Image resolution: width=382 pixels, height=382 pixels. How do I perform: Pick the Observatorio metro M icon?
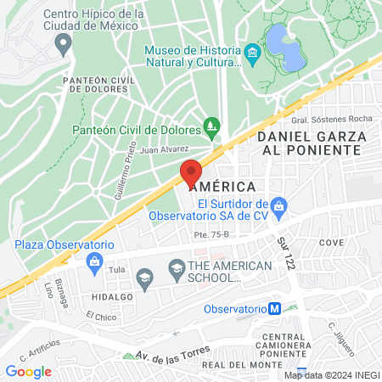[x=274, y=310]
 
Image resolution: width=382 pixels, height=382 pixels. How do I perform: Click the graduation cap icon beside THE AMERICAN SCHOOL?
[x=177, y=272]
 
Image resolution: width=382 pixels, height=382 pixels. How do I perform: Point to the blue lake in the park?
[x=283, y=47]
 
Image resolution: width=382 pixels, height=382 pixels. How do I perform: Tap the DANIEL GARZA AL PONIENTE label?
[x=312, y=143]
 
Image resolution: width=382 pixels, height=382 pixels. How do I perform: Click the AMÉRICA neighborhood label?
[x=223, y=186]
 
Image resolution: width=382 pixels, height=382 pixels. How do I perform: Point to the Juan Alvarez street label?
[x=165, y=149]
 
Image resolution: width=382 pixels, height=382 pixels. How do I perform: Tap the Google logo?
[x=28, y=371]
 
